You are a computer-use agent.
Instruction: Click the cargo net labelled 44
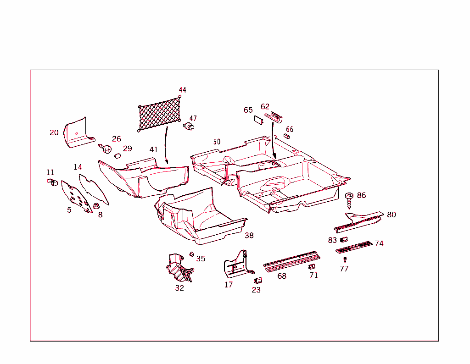pyautogui.click(x=159, y=114)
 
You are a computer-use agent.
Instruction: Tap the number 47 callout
pyautogui.click(x=193, y=119)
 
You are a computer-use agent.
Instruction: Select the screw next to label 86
pyautogui.click(x=349, y=200)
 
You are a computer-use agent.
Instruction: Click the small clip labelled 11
pyautogui.click(x=52, y=182)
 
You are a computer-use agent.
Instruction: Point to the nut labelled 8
pyautogui.click(x=96, y=206)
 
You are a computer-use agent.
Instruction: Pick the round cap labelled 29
pyautogui.click(x=117, y=156)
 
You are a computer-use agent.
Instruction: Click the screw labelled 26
pyautogui.click(x=105, y=148)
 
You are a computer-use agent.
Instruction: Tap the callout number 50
pyautogui.click(x=217, y=142)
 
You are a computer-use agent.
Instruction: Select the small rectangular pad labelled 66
pyautogui.click(x=286, y=136)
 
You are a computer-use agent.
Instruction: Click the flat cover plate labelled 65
pyautogui.click(x=258, y=120)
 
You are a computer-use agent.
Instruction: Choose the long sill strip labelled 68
pyautogui.click(x=291, y=261)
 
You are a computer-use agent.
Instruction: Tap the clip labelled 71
pyautogui.click(x=312, y=266)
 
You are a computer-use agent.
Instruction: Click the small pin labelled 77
pyautogui.click(x=345, y=259)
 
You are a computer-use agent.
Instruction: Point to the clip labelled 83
pyautogui.click(x=344, y=239)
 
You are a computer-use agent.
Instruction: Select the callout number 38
pyautogui.click(x=249, y=236)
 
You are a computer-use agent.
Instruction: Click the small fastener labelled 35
pyautogui.click(x=191, y=254)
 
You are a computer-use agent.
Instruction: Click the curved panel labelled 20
pyautogui.click(x=78, y=133)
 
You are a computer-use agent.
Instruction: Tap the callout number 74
pyautogui.click(x=379, y=243)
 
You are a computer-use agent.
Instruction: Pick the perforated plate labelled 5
pyautogui.click(x=77, y=197)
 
